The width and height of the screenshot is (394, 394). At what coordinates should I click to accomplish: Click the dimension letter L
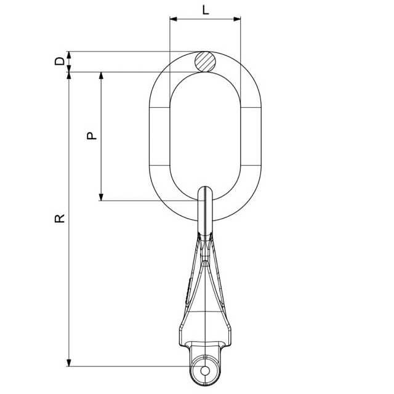click(x=206, y=10)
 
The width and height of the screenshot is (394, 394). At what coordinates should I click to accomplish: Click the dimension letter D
click(x=60, y=61)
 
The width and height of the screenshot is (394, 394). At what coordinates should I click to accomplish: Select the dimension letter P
click(x=92, y=135)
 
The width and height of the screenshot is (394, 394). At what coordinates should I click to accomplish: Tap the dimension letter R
click(x=60, y=219)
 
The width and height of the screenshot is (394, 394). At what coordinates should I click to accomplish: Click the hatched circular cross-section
click(x=205, y=62)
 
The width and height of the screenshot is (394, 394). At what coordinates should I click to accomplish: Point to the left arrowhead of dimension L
click(x=174, y=19)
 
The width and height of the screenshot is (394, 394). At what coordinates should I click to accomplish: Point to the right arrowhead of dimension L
click(x=237, y=19)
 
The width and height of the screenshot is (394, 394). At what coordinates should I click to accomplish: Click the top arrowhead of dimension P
click(x=101, y=76)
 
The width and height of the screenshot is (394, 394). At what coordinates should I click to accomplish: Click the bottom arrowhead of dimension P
click(x=101, y=197)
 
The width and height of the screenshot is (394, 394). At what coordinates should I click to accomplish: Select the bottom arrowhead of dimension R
click(x=69, y=363)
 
